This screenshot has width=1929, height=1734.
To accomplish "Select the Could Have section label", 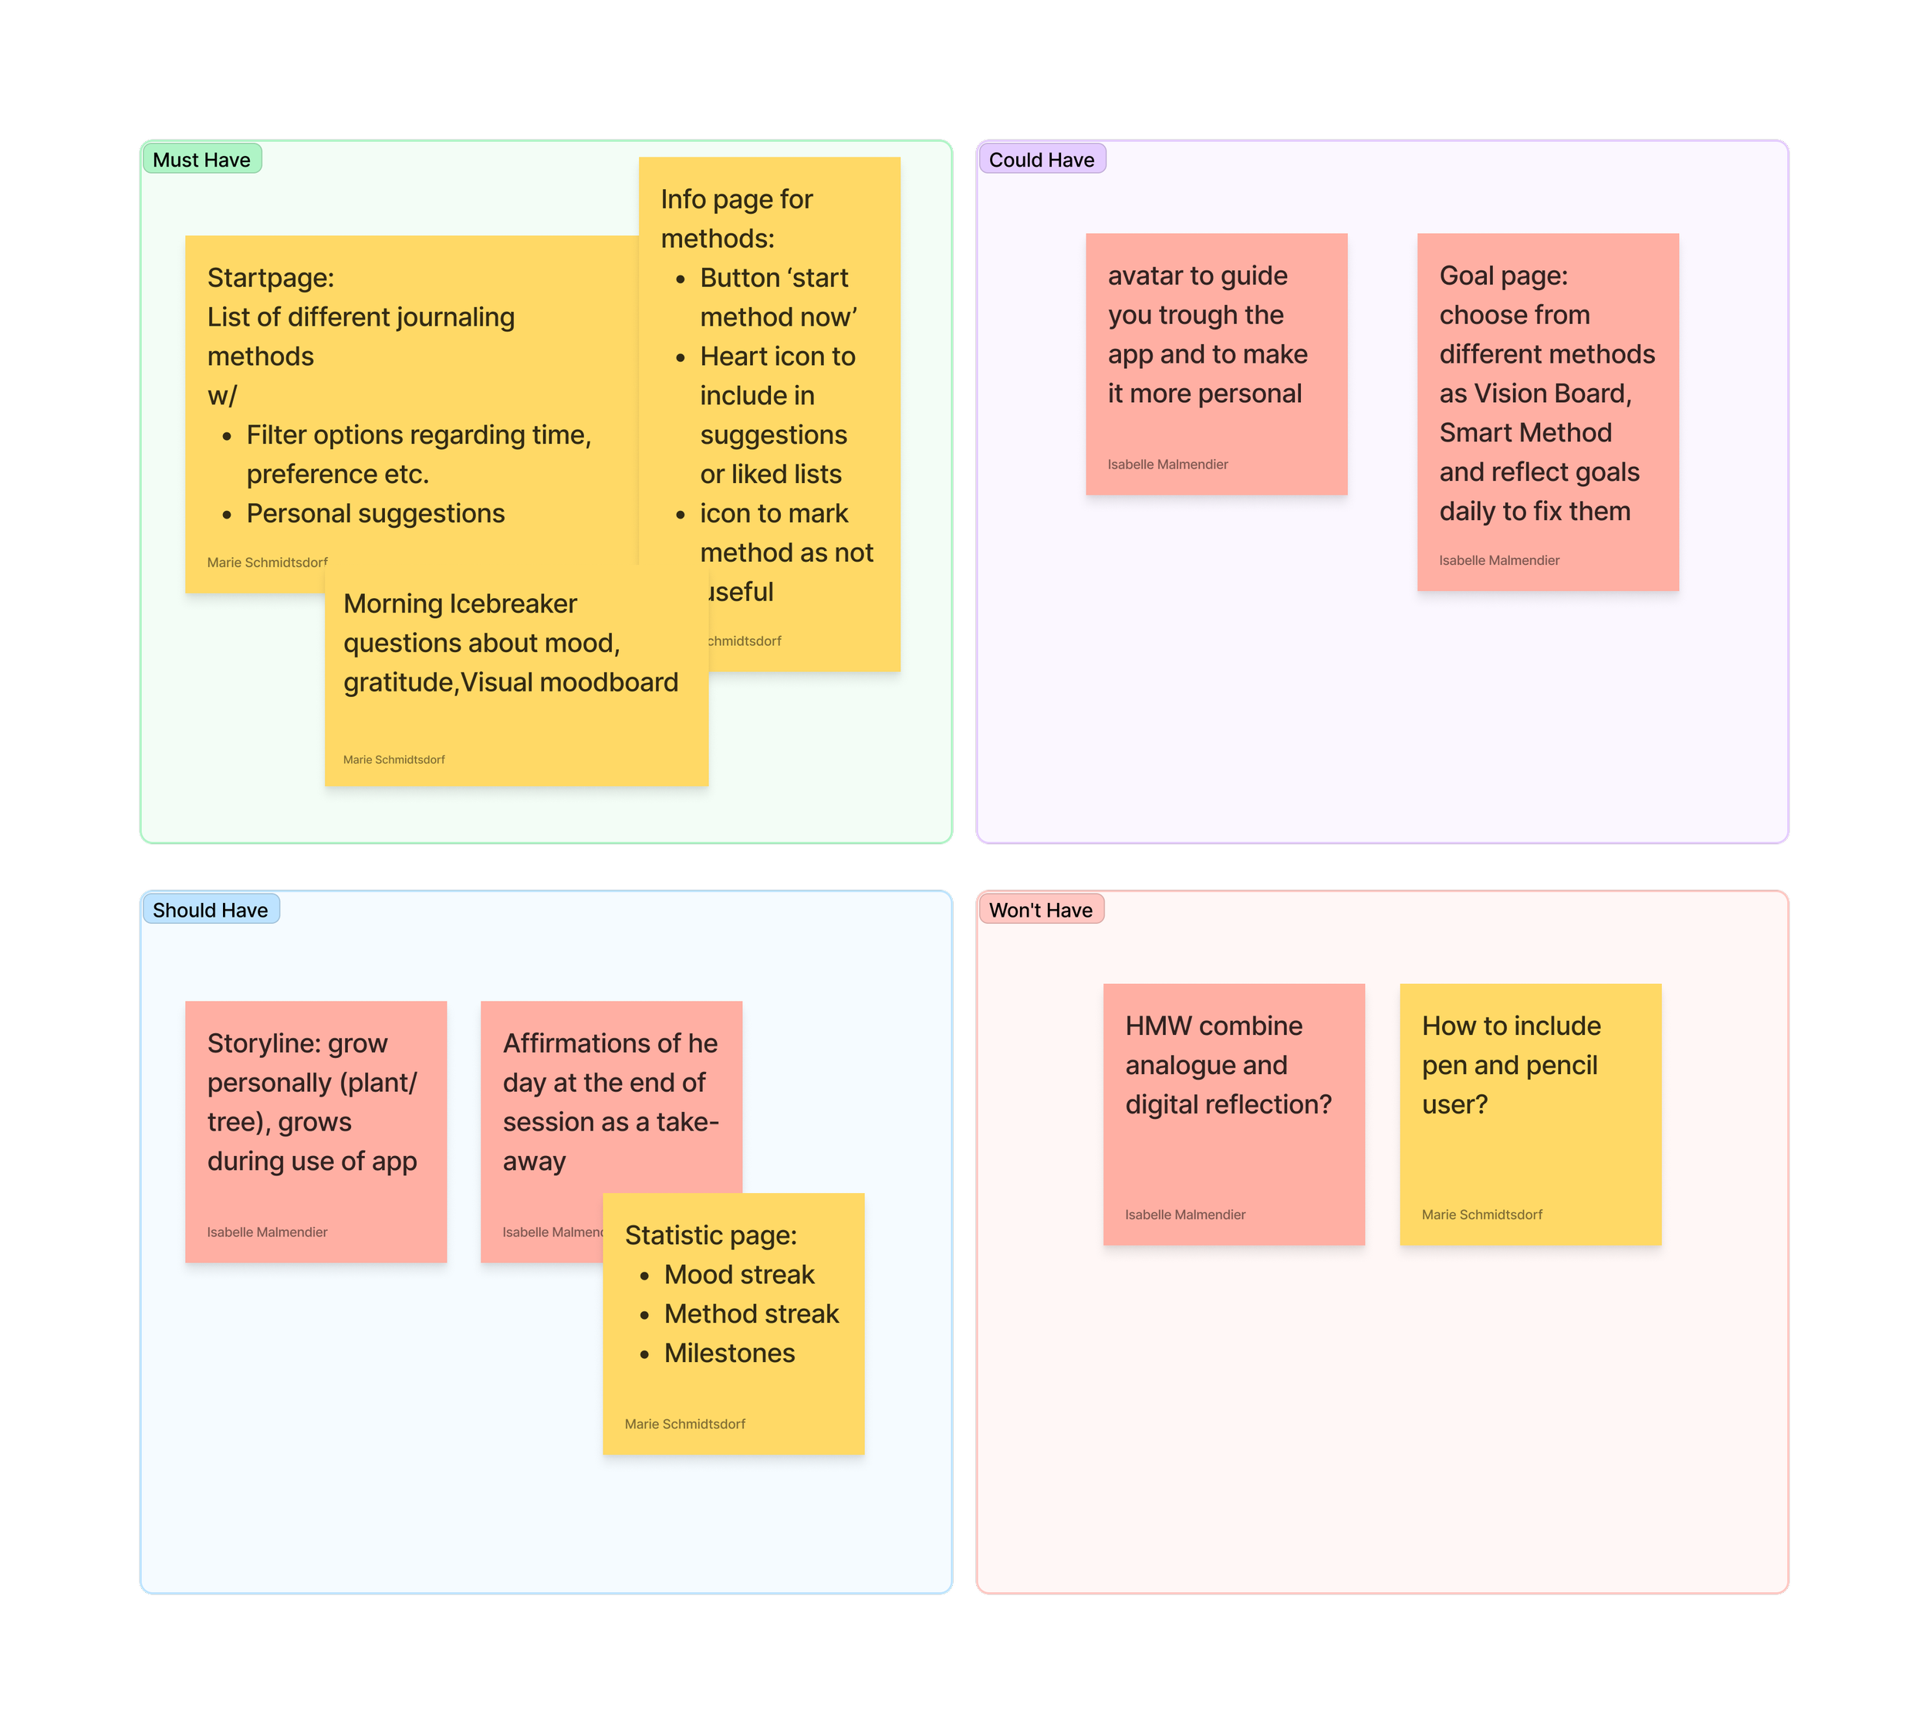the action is (x=1041, y=159).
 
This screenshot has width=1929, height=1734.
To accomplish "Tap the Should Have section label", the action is (x=210, y=910).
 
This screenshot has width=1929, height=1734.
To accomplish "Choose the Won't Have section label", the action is (x=1040, y=910).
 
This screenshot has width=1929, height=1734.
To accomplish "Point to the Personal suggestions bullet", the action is (x=375, y=512).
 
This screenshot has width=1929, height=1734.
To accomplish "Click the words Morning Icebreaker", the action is (x=460, y=603).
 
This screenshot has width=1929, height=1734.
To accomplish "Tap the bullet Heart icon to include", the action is (x=777, y=357).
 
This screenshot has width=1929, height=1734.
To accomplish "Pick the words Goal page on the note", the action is (x=1502, y=275).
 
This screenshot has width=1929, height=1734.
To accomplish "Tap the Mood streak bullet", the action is (x=739, y=1274).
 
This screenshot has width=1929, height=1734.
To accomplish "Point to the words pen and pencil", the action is (x=1510, y=1065).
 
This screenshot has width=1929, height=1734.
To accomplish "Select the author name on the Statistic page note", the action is (x=685, y=1424).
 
